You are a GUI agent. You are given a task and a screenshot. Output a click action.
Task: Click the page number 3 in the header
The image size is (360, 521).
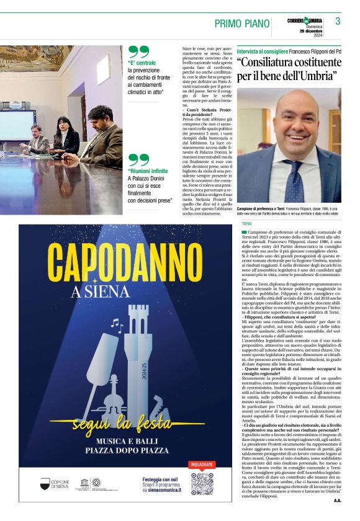tap(338, 22)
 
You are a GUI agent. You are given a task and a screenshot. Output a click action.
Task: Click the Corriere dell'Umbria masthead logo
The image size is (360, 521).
tap(304, 20)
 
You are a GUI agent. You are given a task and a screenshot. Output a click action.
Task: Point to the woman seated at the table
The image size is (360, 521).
tap(64, 134)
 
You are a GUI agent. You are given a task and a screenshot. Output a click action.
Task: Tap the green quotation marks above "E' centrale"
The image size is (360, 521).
tap(139, 52)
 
